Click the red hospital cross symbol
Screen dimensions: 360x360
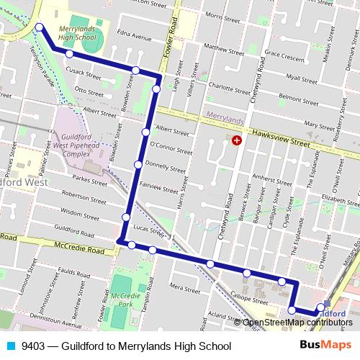[x=236, y=140]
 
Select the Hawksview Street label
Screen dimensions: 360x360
[x=282, y=137]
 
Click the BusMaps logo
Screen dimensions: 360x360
[x=326, y=346]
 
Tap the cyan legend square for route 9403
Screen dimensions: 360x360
[x=10, y=346]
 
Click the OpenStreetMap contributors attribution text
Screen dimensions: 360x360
[x=297, y=323]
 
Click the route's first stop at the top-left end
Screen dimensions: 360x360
[x=39, y=28]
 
